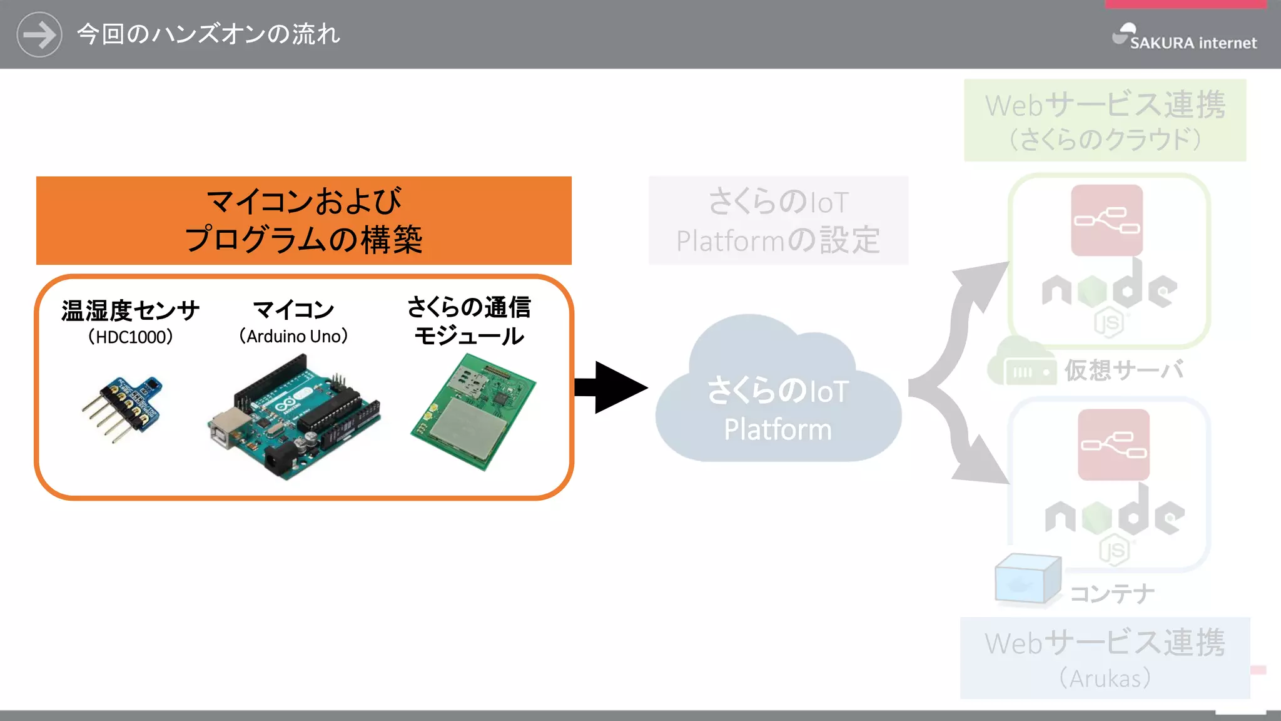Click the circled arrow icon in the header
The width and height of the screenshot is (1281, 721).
pos(39,34)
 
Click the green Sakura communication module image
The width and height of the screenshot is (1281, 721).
pos(473,411)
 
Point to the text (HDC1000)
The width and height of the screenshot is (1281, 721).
pos(130,337)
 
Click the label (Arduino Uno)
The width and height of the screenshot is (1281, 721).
pos(293,337)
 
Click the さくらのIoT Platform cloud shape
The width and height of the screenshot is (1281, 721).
pos(777,401)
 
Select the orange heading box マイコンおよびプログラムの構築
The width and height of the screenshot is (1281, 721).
pos(303,220)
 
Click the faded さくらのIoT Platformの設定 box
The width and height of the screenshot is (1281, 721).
pos(777,220)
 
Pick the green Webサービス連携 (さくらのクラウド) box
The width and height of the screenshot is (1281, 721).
pos(1105,120)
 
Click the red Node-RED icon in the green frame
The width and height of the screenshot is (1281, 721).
pos(1106,220)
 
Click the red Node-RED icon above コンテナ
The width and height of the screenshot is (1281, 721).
pos(1113,445)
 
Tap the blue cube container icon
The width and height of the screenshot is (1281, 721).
pos(1027,580)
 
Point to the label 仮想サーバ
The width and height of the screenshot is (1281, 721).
pos(1124,370)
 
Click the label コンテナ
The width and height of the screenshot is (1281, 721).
pos(1112,593)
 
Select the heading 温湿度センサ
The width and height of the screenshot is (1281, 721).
pos(130,310)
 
